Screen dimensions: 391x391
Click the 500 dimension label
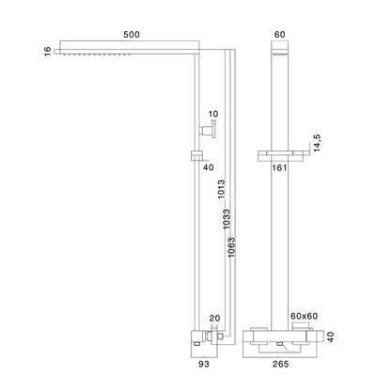pyautogui.click(x=132, y=35)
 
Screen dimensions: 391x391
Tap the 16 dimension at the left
pyautogui.click(x=48, y=51)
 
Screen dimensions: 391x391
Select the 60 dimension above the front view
pyautogui.click(x=279, y=35)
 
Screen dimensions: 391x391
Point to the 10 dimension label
pyautogui.click(x=213, y=114)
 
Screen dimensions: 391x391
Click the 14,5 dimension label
pyautogui.click(x=317, y=143)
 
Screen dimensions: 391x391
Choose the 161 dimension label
pyautogui.click(x=279, y=168)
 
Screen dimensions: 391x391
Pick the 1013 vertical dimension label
pyautogui.click(x=222, y=189)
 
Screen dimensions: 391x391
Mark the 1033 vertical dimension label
pyautogui.click(x=227, y=219)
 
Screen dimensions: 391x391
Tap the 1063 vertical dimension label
pyautogui.click(x=231, y=247)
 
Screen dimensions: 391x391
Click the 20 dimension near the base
pyautogui.click(x=214, y=319)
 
